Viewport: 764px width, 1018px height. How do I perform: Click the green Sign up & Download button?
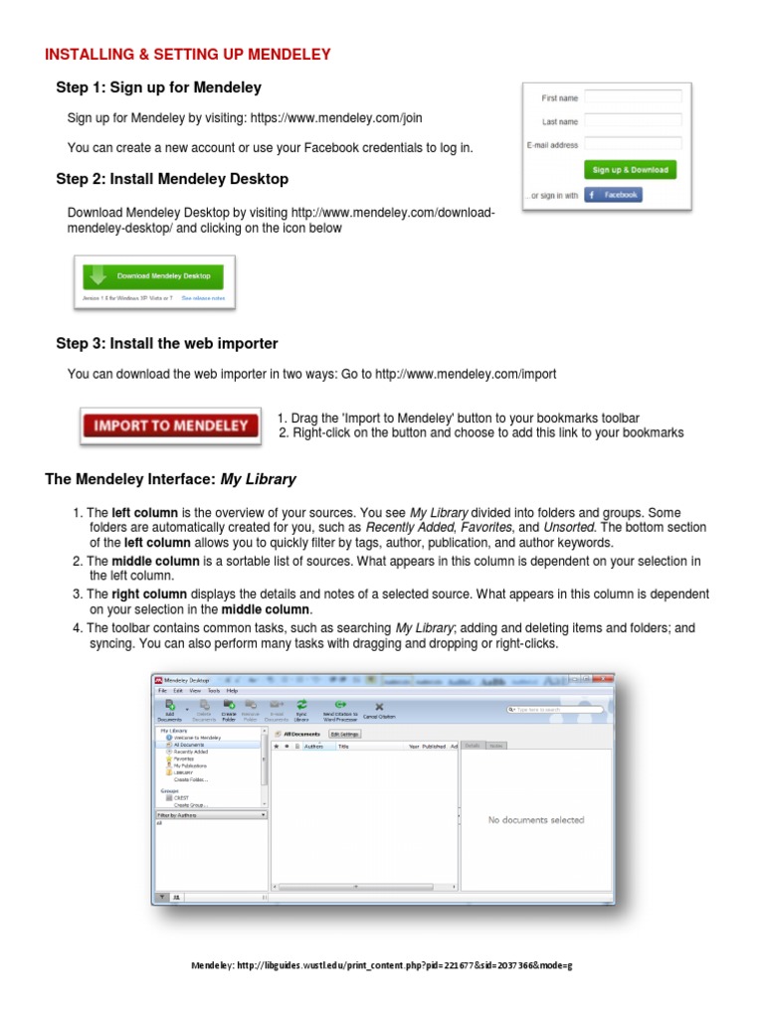630,170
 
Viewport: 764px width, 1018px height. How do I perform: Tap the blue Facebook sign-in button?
613,196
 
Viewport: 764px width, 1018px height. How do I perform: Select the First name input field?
633,97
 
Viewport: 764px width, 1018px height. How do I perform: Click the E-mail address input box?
633,144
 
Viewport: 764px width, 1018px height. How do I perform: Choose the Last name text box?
633,121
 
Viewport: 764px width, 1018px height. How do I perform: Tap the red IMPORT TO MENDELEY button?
170,425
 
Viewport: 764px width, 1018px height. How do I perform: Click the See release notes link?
203,297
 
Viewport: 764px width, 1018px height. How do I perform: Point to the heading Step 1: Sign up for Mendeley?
158,87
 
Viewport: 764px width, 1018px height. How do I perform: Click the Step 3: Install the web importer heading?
166,343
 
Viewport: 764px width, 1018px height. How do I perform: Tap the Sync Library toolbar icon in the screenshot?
302,709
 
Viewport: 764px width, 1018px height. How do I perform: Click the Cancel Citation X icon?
379,709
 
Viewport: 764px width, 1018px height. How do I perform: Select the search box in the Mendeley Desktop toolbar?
557,710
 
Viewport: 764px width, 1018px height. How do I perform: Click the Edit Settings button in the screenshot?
344,734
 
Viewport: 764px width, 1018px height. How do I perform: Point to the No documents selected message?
535,820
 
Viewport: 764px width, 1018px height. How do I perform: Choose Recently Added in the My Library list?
190,752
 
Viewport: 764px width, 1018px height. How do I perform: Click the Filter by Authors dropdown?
211,814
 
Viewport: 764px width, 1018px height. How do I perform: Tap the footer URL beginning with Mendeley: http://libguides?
382,965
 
